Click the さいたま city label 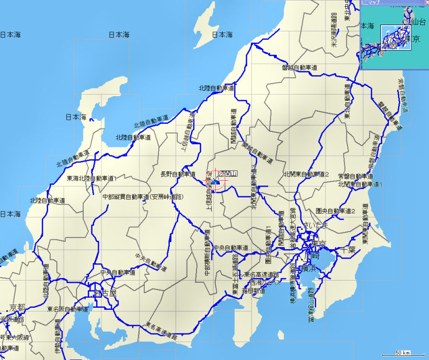click(318, 225)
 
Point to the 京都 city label click(12, 308)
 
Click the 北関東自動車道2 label click(307, 174)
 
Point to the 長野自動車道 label click(178, 174)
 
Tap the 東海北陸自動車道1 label click(92, 178)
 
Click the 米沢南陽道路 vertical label click(334, 31)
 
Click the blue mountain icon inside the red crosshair click(215, 182)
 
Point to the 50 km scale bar click(402, 353)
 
